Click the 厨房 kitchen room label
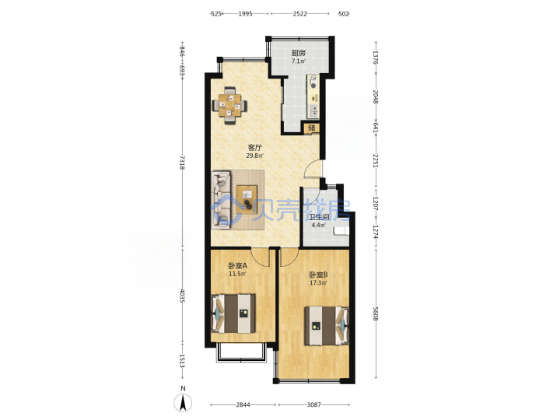[298, 53]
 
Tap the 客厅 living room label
[255, 148]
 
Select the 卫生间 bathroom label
[319, 217]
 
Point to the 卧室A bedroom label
[238, 266]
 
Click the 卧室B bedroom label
[319, 275]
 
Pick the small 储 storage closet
[311, 128]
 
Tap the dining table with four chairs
[229, 105]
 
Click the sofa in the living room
[221, 200]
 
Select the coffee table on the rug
[247, 198]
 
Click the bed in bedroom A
[233, 313]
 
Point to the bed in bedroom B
[327, 325]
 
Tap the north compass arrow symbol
[183, 403]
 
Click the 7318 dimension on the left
[182, 163]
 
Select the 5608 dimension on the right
[376, 313]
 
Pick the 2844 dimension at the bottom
[243, 404]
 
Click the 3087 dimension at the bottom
[314, 404]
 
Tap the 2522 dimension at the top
[299, 14]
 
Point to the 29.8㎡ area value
[255, 156]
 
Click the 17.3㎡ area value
[318, 283]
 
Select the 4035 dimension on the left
[182, 296]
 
